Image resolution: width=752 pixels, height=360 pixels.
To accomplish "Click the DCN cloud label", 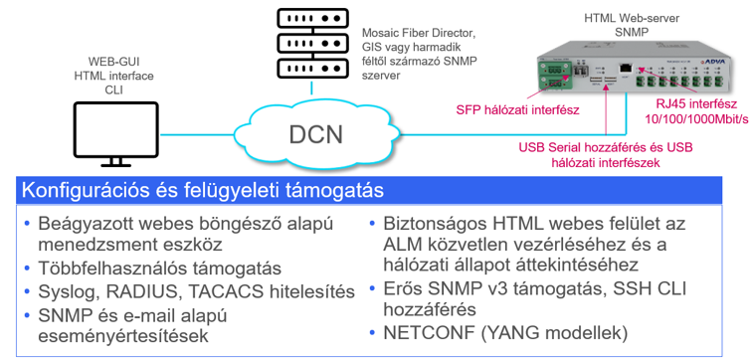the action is click(x=316, y=134).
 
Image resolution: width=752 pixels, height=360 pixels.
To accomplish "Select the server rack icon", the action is click(x=311, y=43).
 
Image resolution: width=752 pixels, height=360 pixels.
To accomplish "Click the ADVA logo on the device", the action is click(x=715, y=62).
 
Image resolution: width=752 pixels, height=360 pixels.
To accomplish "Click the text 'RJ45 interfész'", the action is click(x=696, y=104).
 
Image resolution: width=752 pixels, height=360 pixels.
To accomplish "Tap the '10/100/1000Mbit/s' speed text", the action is click(x=696, y=118).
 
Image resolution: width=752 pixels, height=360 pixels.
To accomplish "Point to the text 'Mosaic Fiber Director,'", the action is click(x=419, y=34).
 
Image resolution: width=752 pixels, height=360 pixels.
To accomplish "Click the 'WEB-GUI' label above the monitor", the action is click(x=113, y=62).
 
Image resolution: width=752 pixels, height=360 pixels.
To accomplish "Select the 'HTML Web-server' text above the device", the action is click(x=632, y=19).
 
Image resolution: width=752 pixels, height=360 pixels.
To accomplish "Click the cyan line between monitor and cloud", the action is click(x=197, y=134).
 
